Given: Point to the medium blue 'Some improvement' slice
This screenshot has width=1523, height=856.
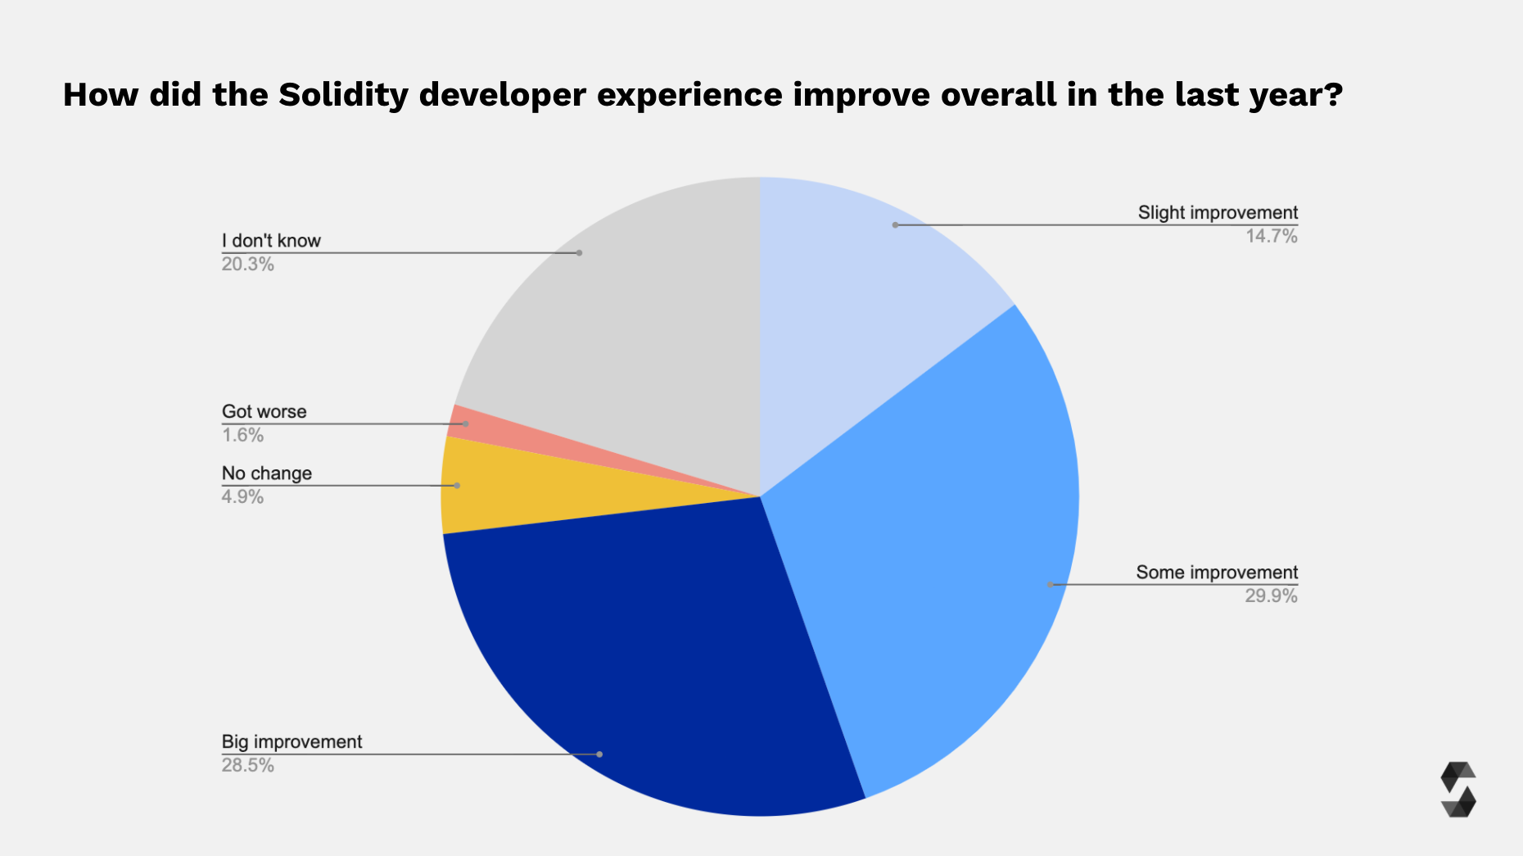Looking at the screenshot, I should point(942,532).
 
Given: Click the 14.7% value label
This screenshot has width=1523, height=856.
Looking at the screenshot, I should point(1271,237).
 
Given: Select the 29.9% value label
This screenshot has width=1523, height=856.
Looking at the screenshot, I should point(1271,596).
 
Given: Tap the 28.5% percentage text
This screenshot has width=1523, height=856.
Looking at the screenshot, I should point(247,766).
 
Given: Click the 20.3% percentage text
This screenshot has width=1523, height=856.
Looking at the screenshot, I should point(247,265).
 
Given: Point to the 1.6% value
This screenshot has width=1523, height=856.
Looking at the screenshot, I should point(242,436).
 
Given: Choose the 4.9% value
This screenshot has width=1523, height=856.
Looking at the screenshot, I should point(242,497).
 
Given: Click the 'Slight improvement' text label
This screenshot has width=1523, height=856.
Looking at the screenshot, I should point(1218,213).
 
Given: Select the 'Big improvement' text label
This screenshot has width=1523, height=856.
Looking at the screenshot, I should point(291,742).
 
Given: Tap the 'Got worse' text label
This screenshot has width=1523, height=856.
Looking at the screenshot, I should point(264,412).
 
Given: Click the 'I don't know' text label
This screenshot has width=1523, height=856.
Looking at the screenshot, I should point(271,241).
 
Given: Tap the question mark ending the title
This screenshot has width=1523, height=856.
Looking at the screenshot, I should point(1334,94).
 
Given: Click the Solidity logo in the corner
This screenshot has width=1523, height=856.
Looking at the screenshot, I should point(1457,790).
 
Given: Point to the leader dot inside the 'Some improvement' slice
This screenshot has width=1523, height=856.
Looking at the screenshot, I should point(1051,585).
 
